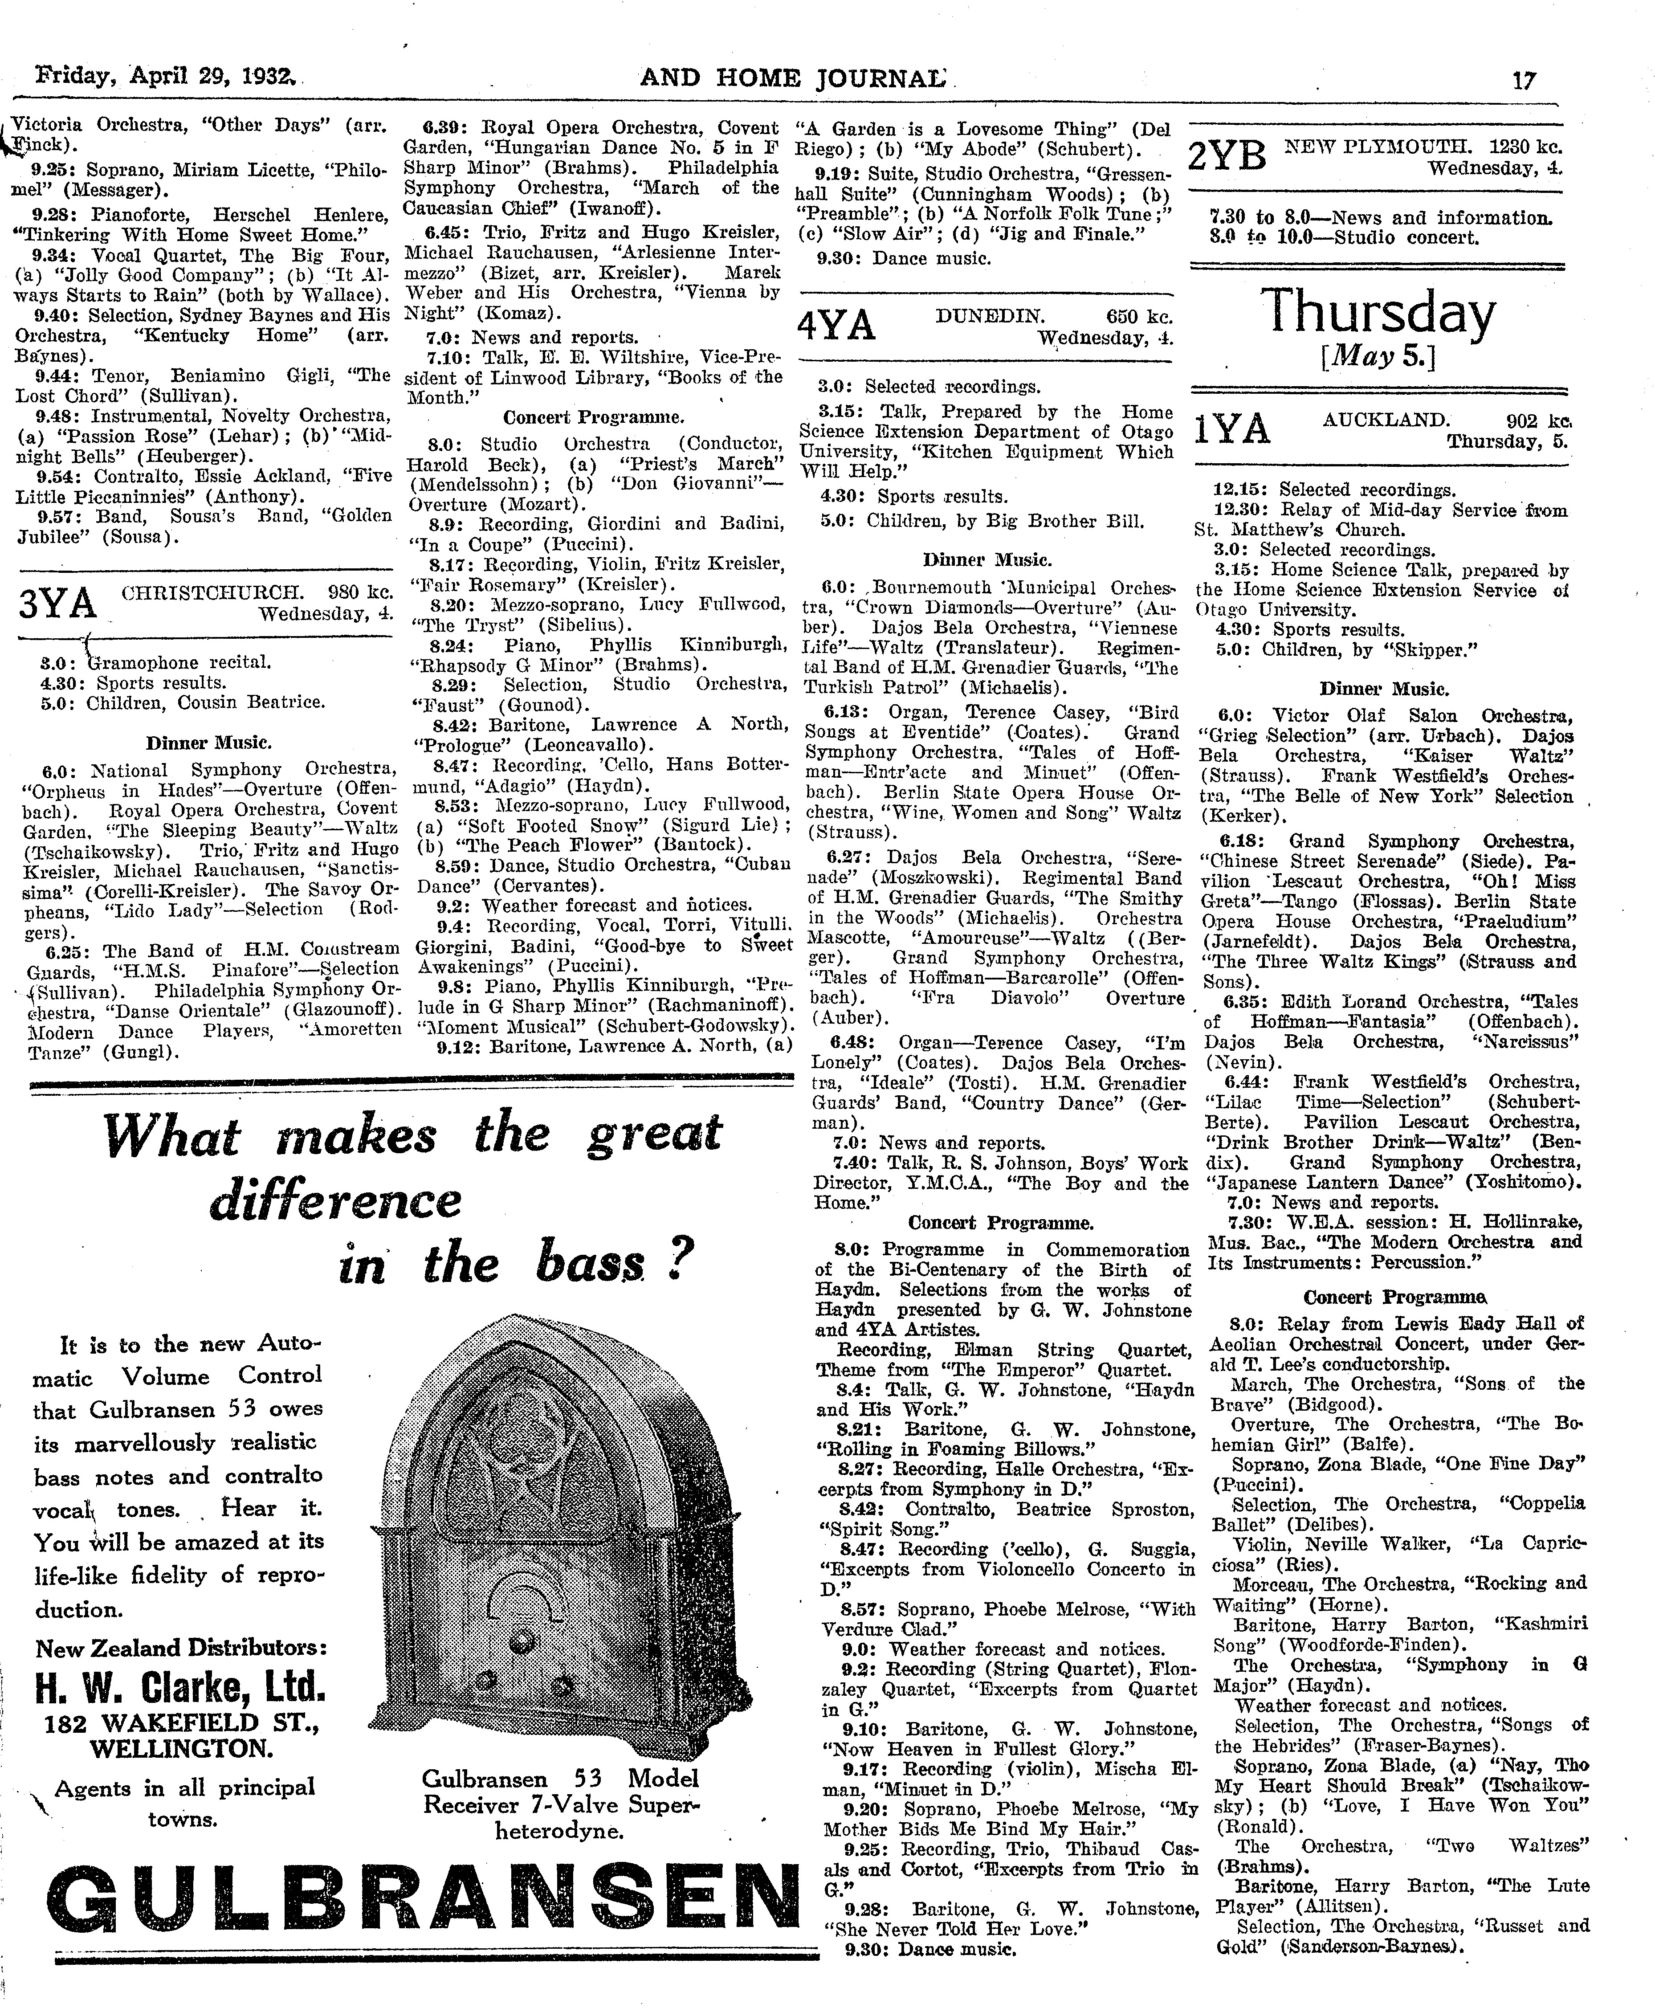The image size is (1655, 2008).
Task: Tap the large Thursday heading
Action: [x=1378, y=314]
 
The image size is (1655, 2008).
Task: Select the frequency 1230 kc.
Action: [x=1524, y=148]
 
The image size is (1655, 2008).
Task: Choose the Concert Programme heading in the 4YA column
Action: [x=1000, y=1222]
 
